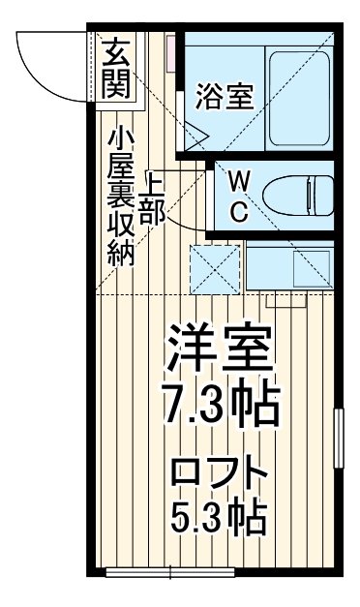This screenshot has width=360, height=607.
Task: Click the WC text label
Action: (237, 195)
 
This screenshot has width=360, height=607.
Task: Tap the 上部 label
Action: (153, 198)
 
